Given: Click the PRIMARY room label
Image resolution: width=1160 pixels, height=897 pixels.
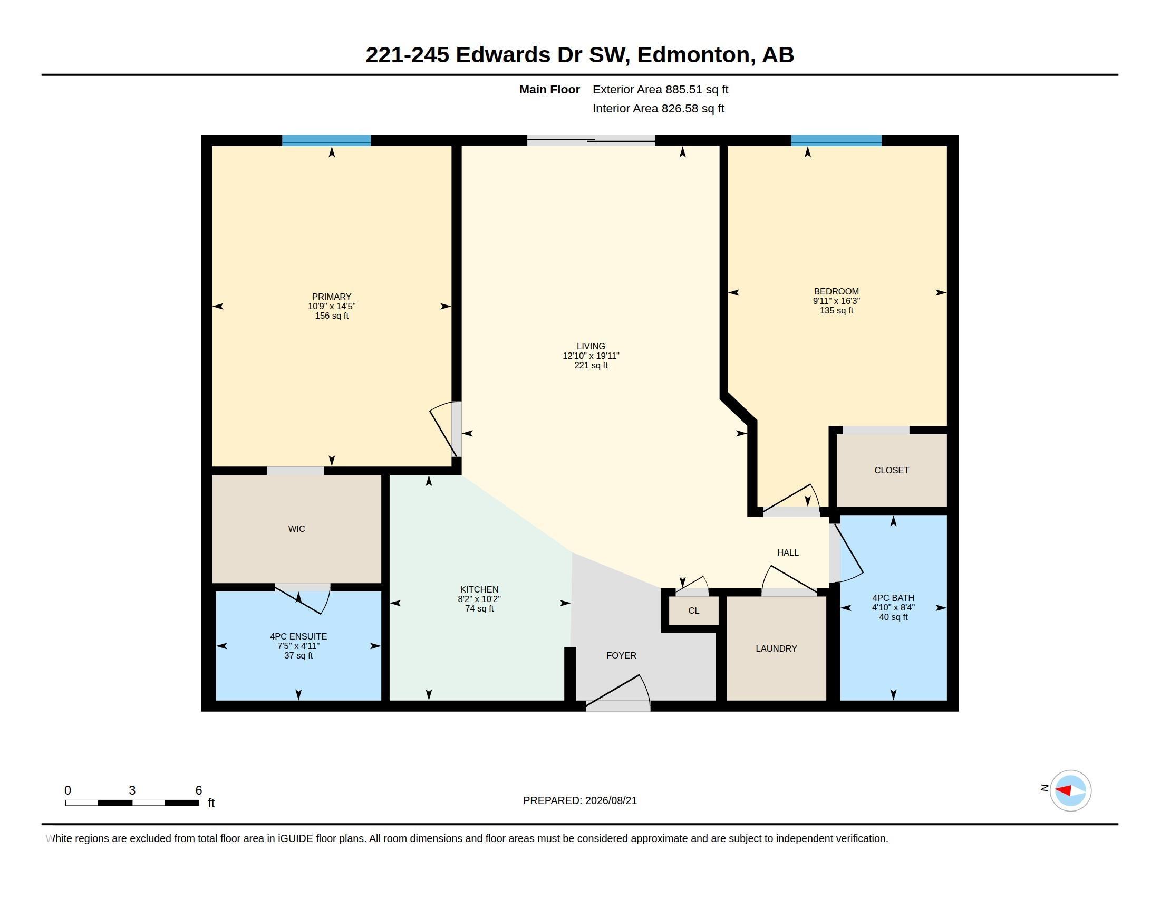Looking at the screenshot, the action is coord(332,297).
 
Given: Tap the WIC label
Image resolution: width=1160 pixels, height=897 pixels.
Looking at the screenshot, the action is coord(296,529).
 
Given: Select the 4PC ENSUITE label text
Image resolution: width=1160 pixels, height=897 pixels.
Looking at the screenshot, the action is coord(298,637).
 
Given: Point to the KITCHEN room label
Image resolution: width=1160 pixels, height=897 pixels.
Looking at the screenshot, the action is coord(479,590).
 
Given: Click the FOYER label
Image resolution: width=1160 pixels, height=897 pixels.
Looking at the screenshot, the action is coord(621,656).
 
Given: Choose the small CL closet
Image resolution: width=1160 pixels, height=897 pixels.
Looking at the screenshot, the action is coord(694,610).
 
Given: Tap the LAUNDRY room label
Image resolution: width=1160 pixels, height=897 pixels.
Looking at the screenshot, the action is coord(776,649).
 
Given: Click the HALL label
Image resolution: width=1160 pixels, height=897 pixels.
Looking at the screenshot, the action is coord(788,552).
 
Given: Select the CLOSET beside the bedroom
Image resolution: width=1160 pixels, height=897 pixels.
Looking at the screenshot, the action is coord(892,470).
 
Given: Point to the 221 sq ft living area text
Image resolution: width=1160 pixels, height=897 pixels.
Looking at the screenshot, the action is coord(591,366).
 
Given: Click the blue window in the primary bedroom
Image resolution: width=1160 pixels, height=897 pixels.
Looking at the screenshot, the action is coord(326,141).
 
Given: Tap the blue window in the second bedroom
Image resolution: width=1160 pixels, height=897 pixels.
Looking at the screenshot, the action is coord(836,141).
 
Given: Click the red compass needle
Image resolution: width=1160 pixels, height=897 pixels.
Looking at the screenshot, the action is coord(1062,790).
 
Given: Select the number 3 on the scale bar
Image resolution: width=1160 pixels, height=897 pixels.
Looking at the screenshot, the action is coord(132,790).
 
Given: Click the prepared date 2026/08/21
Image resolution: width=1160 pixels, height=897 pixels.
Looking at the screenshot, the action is coord(611,801).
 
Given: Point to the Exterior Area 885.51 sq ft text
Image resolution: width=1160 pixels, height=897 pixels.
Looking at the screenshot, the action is coord(660,90).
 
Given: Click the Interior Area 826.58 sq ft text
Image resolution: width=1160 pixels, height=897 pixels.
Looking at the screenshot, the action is coord(658,109).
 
